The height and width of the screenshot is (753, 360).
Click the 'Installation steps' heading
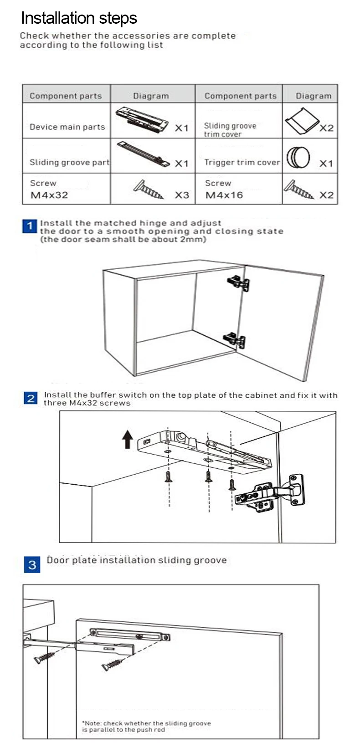[x=79, y=18]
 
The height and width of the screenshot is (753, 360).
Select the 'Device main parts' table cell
[x=67, y=127]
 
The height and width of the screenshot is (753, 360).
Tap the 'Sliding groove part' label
[x=69, y=162]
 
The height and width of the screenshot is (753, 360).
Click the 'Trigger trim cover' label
[x=242, y=162]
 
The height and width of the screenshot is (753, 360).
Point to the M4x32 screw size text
[x=49, y=195]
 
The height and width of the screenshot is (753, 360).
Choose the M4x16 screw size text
[x=224, y=195]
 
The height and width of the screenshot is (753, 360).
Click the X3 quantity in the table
[x=181, y=195]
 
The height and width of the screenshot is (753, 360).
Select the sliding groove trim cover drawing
[x=301, y=121]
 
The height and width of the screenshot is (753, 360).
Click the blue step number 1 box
[x=29, y=226]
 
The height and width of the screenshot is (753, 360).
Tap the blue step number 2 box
[x=31, y=398]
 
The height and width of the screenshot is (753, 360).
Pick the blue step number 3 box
[x=32, y=565]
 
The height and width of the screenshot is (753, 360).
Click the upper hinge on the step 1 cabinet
[x=239, y=282]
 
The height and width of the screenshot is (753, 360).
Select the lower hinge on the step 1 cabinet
[x=235, y=340]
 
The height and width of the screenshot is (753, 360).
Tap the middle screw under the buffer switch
[x=208, y=476]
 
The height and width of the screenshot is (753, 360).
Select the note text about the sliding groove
[x=146, y=726]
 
